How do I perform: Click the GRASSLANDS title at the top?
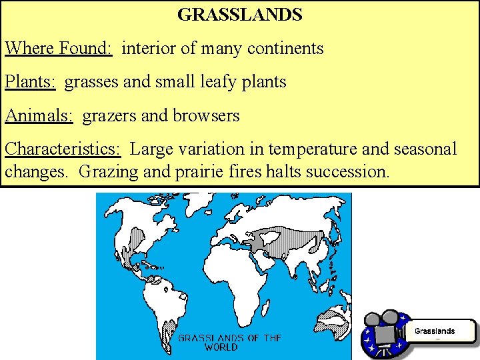point(240,14)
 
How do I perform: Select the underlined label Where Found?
point(59,48)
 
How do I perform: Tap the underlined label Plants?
point(31,82)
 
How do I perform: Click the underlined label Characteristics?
point(63,149)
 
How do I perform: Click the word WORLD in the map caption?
point(221,347)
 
